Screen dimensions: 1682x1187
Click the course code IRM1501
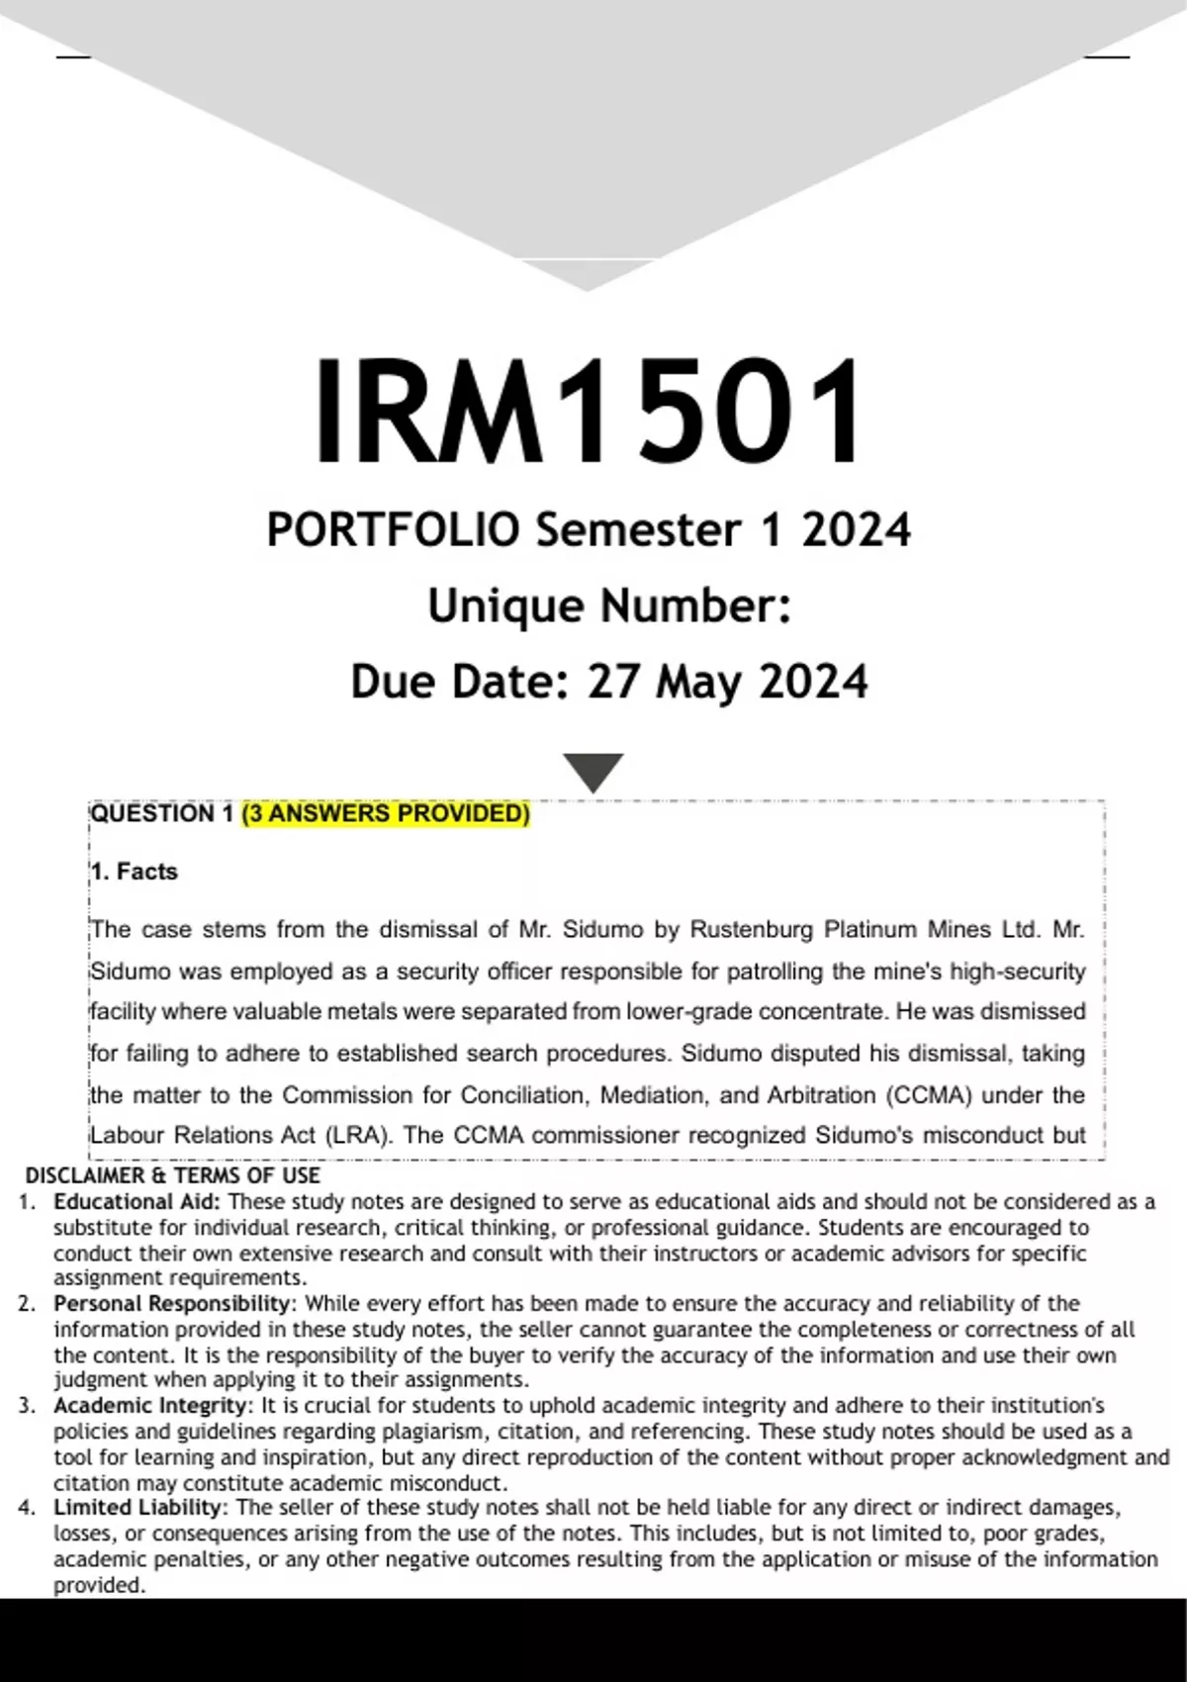588,412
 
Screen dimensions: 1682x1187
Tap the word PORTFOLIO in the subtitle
393,530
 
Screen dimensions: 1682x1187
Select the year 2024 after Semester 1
856,530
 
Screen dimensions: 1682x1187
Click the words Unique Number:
609,606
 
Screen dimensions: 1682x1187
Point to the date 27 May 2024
727,682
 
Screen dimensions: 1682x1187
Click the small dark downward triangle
593,771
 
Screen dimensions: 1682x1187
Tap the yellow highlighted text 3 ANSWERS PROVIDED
386,813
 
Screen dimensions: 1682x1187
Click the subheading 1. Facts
134,872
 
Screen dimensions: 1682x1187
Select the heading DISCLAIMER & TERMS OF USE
173,1175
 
